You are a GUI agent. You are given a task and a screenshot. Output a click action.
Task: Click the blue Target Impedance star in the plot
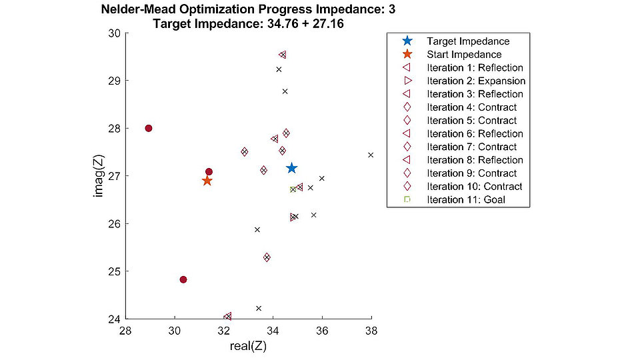coord(291,168)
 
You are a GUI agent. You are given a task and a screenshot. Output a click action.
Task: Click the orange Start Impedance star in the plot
coord(207,181)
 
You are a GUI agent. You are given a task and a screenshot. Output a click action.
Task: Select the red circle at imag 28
coord(149,128)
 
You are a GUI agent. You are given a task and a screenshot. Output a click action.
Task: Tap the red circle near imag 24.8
coord(183,279)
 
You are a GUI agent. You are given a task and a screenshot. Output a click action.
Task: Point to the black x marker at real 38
coord(371,155)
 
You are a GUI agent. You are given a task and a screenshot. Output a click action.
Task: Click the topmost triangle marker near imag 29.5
coord(283,55)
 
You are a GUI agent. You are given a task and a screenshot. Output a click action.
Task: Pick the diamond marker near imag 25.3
coord(267,257)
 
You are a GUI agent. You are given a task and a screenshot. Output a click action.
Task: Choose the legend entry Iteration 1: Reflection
coord(475,67)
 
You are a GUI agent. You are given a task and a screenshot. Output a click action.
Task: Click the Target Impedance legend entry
coord(468,41)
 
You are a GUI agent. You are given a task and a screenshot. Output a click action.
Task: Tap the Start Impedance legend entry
coord(464,55)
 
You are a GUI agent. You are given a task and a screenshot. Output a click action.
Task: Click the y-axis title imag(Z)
coord(98,176)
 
